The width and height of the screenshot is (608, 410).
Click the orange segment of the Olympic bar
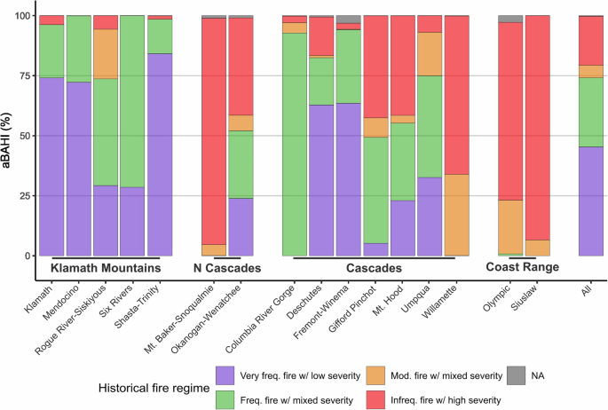click(x=509, y=226)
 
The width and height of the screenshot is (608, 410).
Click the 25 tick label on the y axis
click(x=23, y=196)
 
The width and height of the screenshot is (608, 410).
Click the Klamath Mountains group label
click(x=106, y=267)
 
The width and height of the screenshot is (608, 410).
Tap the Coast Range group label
click(x=522, y=267)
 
